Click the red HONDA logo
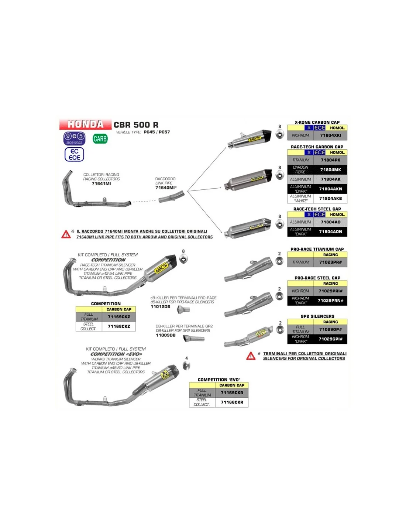click(85, 124)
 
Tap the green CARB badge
click(100, 139)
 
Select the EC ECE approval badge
click(74, 154)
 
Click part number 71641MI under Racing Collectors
click(101, 183)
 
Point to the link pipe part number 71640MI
click(165, 188)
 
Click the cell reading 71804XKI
click(330, 135)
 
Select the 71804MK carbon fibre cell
click(330, 170)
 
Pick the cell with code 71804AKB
click(330, 199)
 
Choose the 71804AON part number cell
click(330, 232)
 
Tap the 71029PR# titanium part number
click(330, 262)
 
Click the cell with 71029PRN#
click(330, 301)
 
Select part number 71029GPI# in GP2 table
click(330, 339)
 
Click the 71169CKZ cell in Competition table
click(119, 317)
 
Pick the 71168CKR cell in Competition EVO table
click(232, 402)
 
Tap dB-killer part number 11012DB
click(161, 306)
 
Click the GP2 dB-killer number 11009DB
click(166, 335)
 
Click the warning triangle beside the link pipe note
click(66, 234)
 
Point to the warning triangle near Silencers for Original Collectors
click(251, 356)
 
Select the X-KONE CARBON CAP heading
click(317, 122)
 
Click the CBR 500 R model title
click(136, 125)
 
